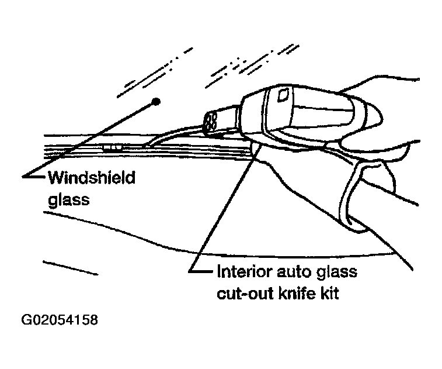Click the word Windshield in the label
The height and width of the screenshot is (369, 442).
click(91, 177)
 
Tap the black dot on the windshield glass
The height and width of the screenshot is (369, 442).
click(156, 102)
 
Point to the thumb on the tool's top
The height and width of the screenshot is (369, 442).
click(374, 88)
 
